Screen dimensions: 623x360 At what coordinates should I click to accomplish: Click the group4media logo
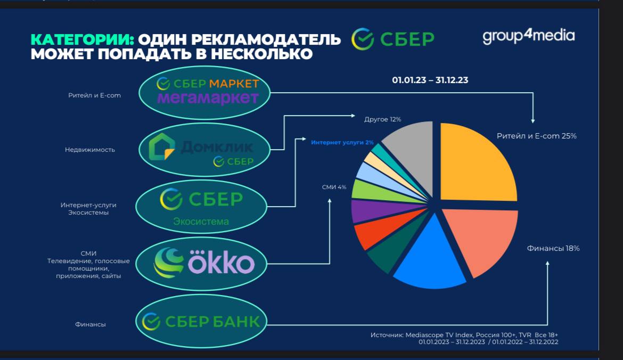coord(528,36)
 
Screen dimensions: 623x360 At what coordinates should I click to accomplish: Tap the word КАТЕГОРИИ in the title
coord(82,40)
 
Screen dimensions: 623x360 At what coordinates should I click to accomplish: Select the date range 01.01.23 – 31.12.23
coord(430,80)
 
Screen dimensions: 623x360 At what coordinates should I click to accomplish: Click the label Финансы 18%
coord(553,248)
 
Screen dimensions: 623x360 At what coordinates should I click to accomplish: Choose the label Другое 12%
coord(383,119)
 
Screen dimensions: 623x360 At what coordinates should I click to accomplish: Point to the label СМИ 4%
coord(334,187)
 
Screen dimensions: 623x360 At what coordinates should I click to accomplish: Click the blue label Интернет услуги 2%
coord(342,142)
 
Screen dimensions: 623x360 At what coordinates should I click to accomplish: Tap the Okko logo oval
coord(201,264)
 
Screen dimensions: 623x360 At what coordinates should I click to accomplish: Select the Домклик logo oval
coord(204,150)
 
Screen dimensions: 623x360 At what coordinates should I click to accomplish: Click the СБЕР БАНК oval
coord(201,321)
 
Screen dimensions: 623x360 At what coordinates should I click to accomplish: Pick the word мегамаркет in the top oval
coord(208,97)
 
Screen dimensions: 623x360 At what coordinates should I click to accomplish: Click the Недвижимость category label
coord(90,150)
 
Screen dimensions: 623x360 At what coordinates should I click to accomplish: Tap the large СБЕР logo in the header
coord(392,39)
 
